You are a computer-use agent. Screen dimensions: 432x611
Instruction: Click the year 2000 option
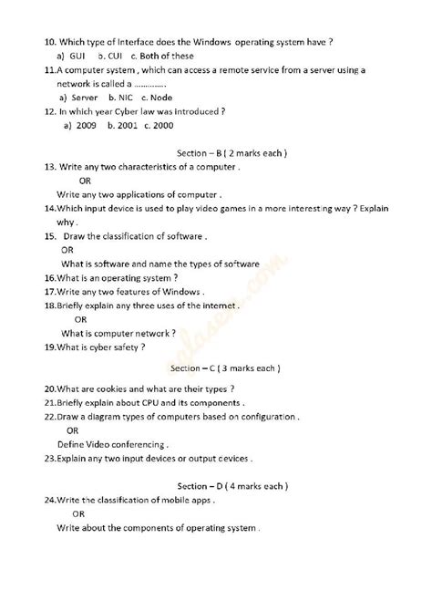(x=165, y=125)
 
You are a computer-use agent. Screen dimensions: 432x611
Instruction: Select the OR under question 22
(x=72, y=430)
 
